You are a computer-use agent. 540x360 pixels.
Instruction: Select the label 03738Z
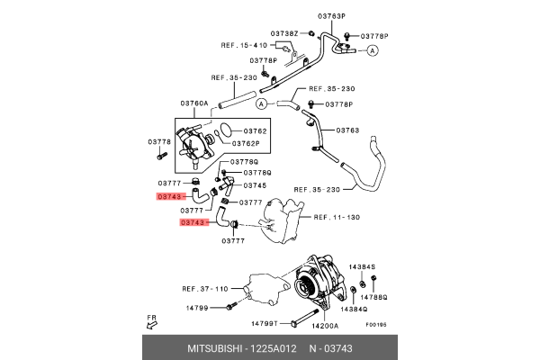click(285, 33)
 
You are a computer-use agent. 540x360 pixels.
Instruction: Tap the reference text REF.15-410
click(244, 45)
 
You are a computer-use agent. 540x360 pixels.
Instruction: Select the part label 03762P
click(245, 143)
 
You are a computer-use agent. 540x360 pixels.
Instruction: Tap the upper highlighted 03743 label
click(170, 195)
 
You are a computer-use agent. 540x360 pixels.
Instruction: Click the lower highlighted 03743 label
click(193, 221)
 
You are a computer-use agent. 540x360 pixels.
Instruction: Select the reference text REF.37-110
click(204, 289)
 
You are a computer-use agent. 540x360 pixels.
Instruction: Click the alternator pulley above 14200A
click(306, 286)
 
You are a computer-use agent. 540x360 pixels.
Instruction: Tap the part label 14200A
click(324, 324)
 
